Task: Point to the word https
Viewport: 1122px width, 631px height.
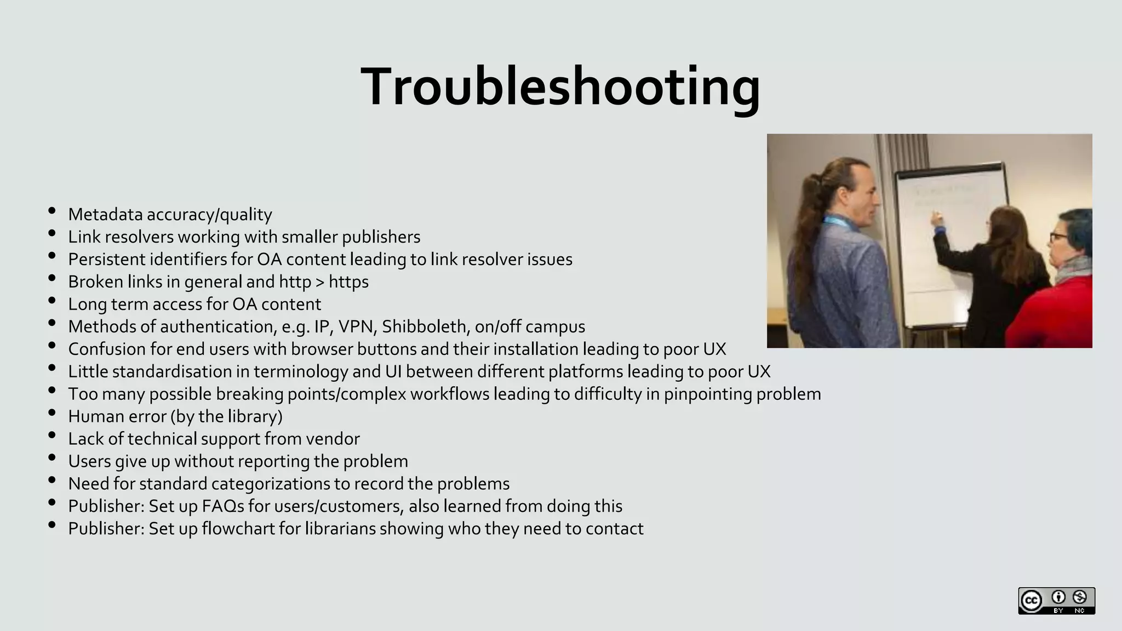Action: [x=348, y=282]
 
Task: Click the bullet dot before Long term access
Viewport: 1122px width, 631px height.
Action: [x=52, y=301]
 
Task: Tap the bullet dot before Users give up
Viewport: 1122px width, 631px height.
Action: [x=52, y=458]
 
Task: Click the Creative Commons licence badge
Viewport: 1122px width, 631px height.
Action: [x=1056, y=601]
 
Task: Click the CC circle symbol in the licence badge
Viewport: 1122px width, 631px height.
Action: [x=1032, y=601]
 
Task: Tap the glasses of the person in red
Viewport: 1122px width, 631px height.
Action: [x=1058, y=237]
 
